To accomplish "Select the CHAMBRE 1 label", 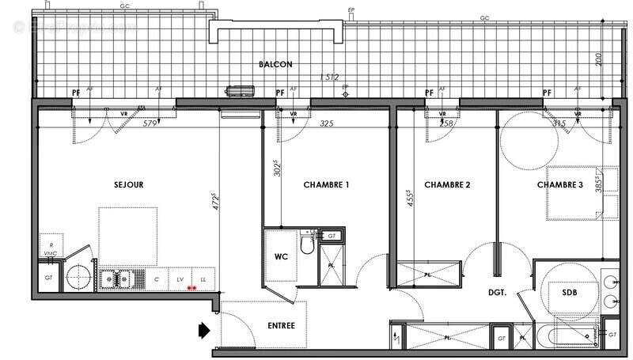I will tap(327, 185).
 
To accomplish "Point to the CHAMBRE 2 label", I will tap(448, 185).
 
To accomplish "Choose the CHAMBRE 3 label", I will tap(561, 185).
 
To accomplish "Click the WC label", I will tap(281, 257).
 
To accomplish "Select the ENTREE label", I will tap(281, 324).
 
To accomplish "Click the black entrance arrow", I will tap(203, 328).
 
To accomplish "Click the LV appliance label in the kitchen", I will tap(180, 279).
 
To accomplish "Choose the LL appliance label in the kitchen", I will tap(203, 279).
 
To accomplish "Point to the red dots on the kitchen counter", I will tap(191, 288).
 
